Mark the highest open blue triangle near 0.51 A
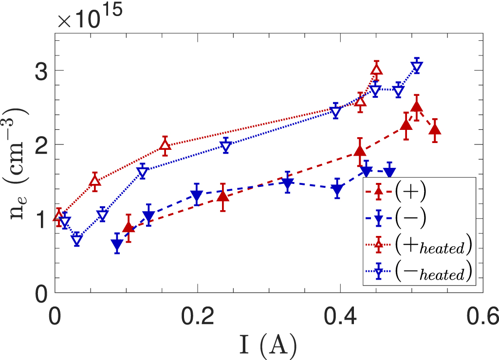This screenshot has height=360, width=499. [x=417, y=67]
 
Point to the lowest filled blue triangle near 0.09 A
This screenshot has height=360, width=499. [x=117, y=245]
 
